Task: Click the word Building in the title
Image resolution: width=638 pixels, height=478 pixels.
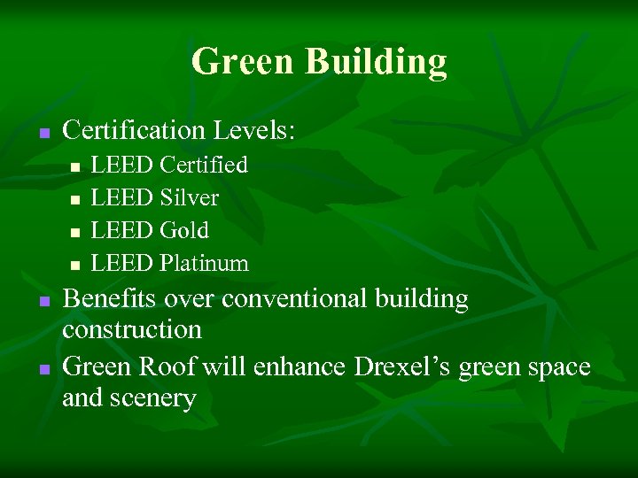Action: pos(376,62)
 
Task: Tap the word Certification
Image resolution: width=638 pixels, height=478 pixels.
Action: pos(134,131)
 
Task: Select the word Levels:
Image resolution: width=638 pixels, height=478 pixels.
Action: pos(254,131)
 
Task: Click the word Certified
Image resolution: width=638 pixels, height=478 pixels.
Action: pos(204,165)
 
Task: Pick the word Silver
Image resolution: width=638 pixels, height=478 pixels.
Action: pos(189,197)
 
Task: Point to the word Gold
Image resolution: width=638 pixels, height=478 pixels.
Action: pos(184,230)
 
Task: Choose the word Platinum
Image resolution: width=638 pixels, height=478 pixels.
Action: pos(204,263)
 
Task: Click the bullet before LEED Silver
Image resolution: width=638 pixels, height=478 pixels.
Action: pos(76,199)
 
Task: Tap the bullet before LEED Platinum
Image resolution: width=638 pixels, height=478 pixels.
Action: pos(76,265)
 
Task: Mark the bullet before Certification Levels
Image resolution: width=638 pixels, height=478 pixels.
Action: pos(43,134)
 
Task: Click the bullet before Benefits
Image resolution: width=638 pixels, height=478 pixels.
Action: pos(43,302)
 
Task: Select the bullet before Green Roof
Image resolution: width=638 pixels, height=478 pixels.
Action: pos(43,368)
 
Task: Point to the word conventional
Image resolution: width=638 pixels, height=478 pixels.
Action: pos(295,299)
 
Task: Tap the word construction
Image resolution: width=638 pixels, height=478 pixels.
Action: pos(132,330)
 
